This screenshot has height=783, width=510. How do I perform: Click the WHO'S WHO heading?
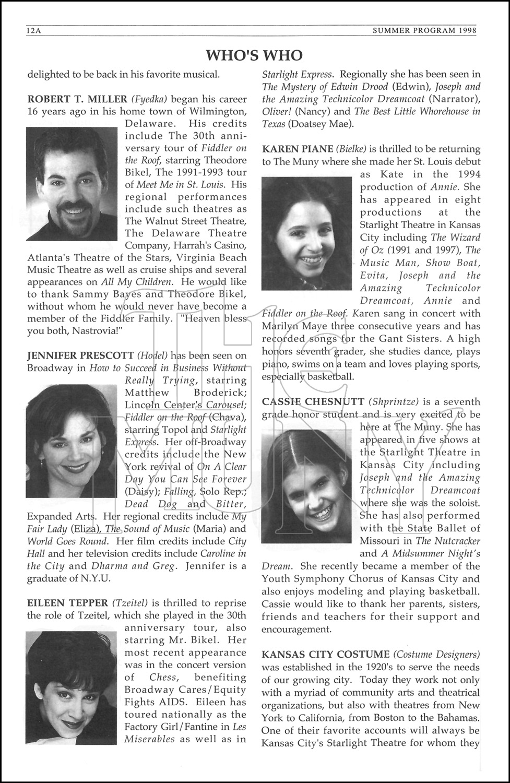pos(254,55)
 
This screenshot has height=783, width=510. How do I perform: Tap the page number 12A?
pos(33,31)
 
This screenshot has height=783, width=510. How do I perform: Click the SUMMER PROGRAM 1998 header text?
pos(424,31)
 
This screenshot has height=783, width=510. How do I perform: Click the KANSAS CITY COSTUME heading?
pos(326,655)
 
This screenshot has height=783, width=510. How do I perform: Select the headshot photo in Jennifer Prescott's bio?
pos(72,441)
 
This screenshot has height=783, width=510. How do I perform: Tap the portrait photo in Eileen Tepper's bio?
pos(72,687)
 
